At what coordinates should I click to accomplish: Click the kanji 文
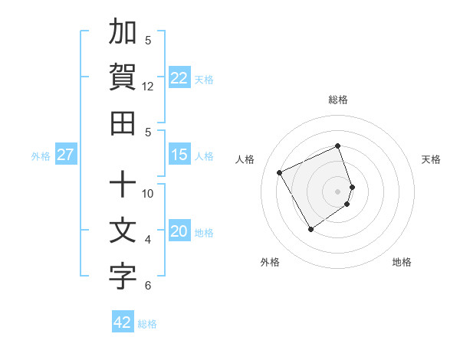click(123, 231)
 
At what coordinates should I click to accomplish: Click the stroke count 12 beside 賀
click(149, 87)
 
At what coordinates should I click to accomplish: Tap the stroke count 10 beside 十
click(149, 194)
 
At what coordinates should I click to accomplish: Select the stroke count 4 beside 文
click(149, 240)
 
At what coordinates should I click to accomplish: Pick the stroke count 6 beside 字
click(149, 286)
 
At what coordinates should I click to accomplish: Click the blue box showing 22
click(179, 78)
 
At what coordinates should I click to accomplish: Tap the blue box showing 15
click(179, 155)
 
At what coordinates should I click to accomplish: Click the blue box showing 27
click(65, 155)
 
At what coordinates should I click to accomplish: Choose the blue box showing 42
click(123, 322)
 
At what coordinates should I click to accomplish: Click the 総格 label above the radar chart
click(338, 100)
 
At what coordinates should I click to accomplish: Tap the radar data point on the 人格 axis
click(280, 172)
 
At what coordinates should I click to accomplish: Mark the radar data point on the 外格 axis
click(310, 229)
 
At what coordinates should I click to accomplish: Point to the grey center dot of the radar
click(338, 191)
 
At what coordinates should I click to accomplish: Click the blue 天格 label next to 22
click(204, 79)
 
